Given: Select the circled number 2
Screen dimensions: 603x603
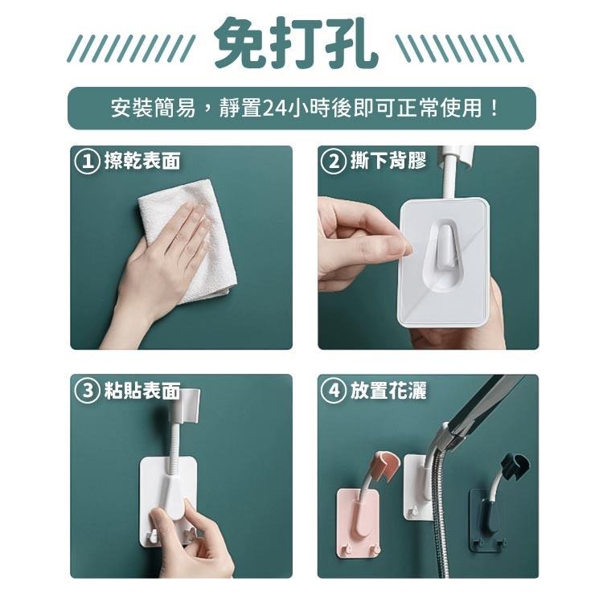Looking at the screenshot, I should point(334,162).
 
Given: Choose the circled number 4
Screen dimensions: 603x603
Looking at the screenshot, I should point(334,392).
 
